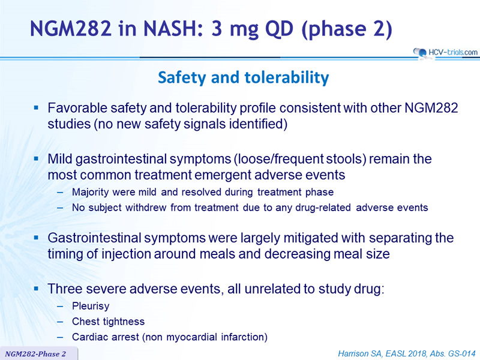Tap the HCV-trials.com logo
tap(445, 53)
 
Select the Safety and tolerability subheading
tap(244, 77)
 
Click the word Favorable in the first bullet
tap(77, 108)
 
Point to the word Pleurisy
tap(91, 306)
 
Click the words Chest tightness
tap(108, 322)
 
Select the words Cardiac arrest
tap(106, 337)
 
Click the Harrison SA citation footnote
tap(407, 353)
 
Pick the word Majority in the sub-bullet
tap(91, 192)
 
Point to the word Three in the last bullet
tap(65, 289)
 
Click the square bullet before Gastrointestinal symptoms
tap(37, 238)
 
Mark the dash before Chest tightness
tap(60, 322)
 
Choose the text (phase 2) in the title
tap(347, 29)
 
